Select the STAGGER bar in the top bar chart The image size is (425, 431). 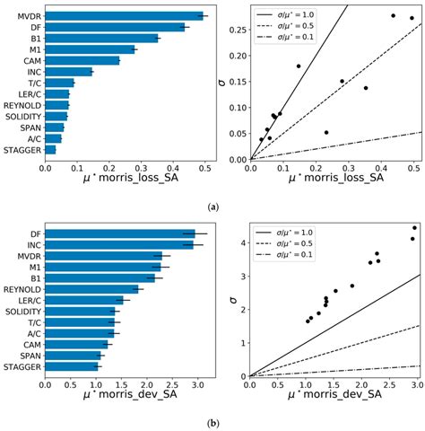pyautogui.click(x=50, y=150)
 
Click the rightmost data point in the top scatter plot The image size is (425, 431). pyautogui.click(x=412, y=18)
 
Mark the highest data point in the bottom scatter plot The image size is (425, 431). pyautogui.click(x=414, y=227)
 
